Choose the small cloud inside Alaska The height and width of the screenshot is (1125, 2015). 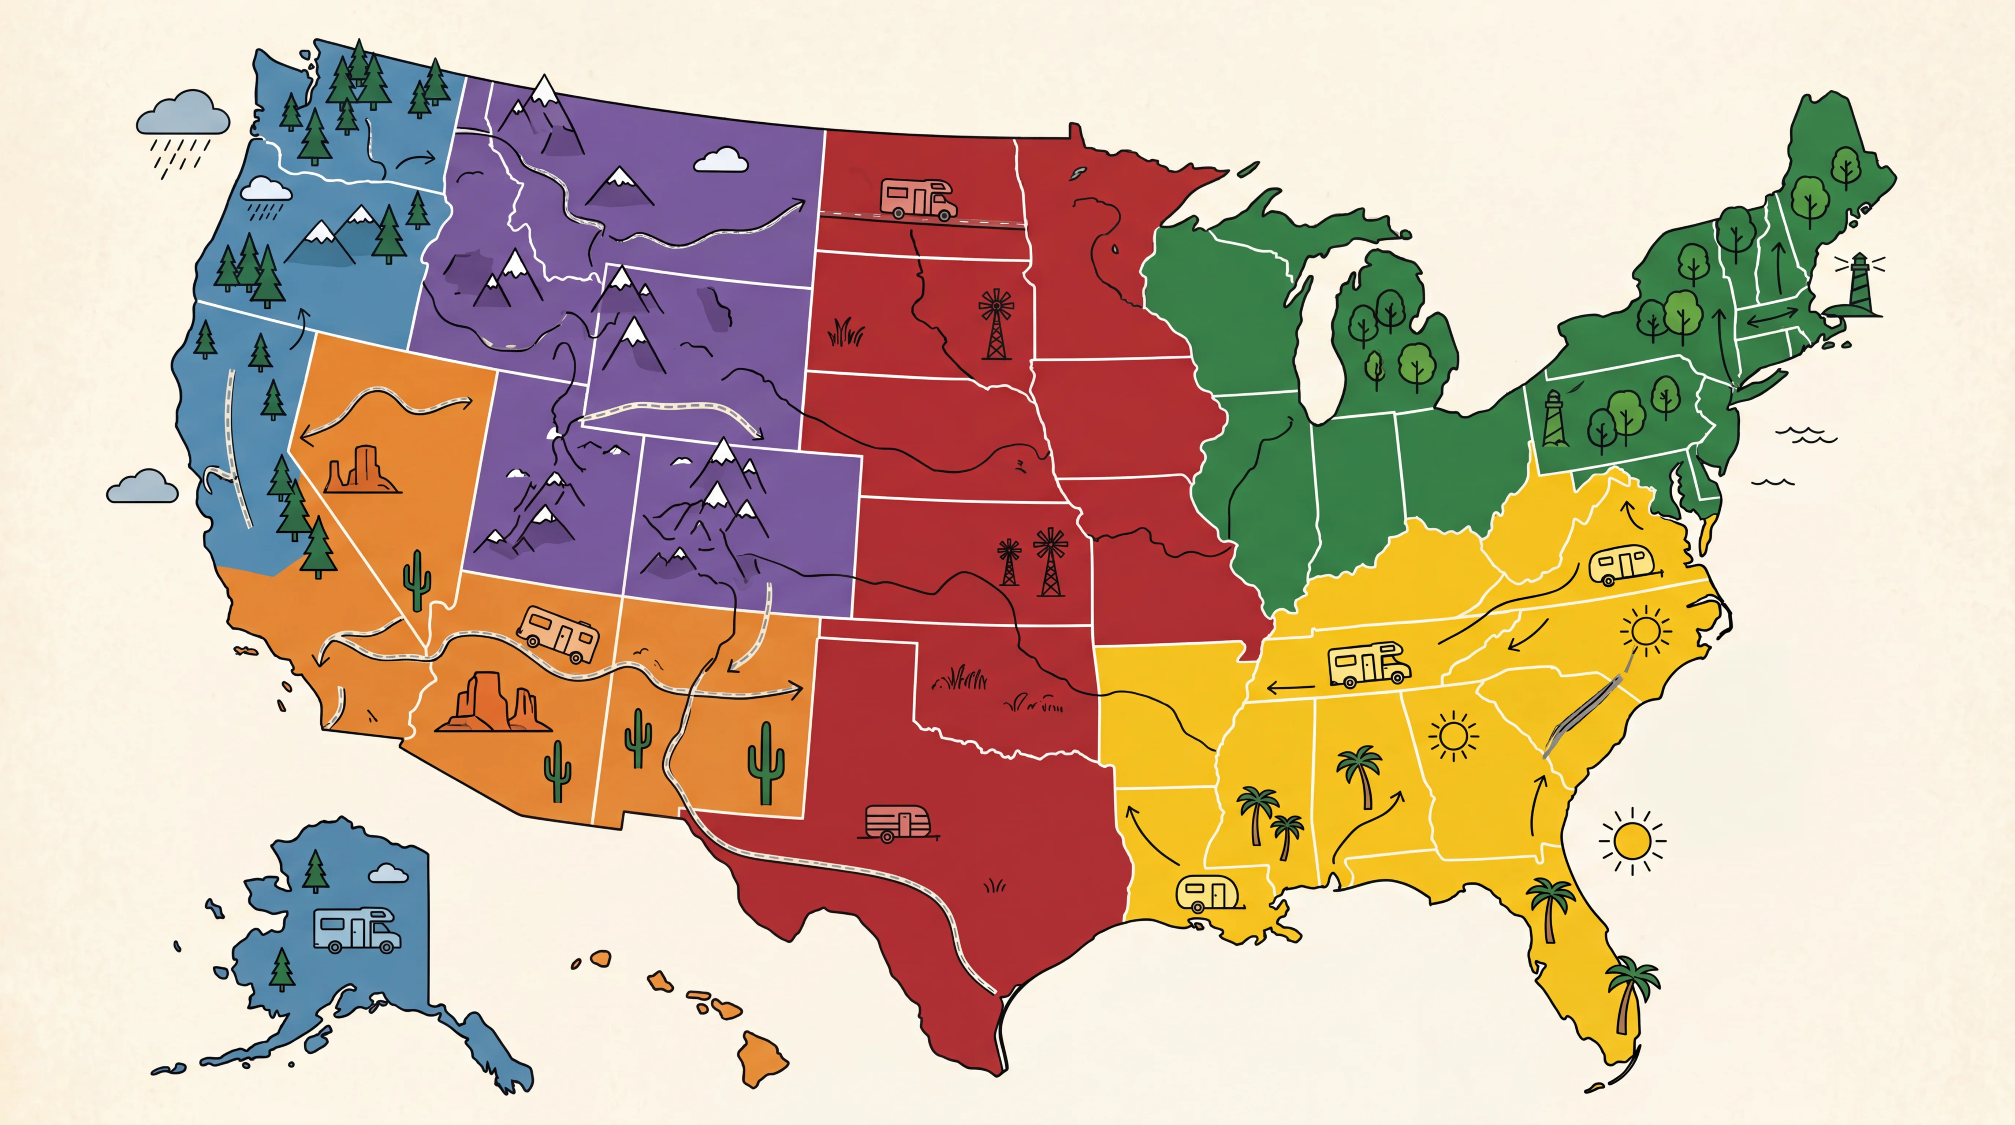click(387, 873)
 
